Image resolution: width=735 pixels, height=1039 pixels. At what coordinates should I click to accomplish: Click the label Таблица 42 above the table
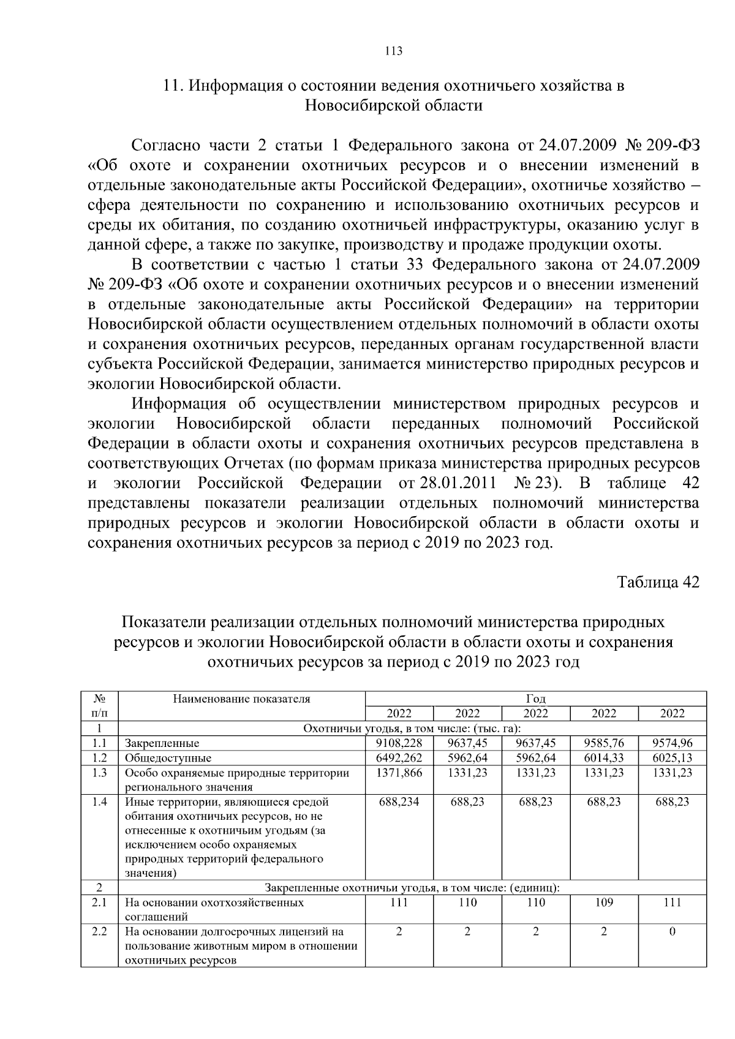coord(657,581)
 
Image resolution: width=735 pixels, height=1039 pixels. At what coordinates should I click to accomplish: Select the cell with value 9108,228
coord(399,743)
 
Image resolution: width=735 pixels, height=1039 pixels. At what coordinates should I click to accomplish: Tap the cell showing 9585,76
coord(604,743)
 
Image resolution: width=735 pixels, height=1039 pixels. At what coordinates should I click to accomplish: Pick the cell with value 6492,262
coord(399,757)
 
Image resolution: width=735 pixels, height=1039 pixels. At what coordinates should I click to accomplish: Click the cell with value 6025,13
coord(672,757)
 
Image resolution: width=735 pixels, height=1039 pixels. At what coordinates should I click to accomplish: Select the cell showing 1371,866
coord(399,772)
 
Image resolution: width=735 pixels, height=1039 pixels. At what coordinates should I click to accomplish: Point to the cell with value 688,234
coord(399,801)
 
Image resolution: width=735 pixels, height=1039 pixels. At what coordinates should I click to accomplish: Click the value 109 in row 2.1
coord(604,902)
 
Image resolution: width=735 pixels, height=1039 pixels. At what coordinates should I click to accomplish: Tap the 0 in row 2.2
coord(672,931)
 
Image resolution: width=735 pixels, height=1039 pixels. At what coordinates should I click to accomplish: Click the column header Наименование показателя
coord(241,699)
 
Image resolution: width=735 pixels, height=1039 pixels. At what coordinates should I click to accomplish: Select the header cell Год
coord(535,699)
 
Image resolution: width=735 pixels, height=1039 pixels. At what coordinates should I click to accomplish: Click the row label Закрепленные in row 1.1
coord(162,743)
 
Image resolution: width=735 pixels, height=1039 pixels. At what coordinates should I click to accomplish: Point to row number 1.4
coord(99,801)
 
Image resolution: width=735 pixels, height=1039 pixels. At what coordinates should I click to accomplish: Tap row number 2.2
coord(99,931)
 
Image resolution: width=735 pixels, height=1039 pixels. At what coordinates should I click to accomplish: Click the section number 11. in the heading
coord(173,85)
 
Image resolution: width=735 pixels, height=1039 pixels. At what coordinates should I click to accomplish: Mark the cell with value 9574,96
coord(672,743)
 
